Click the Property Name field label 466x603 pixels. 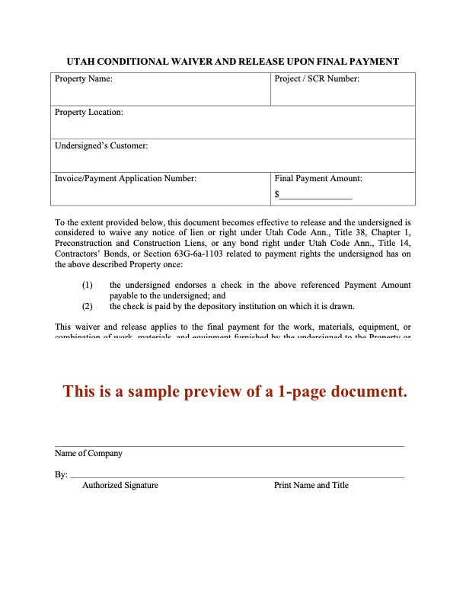click(83, 78)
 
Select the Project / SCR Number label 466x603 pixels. click(316, 78)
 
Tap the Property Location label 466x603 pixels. click(88, 112)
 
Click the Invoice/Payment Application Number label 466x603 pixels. click(126, 178)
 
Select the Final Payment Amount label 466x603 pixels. click(318, 178)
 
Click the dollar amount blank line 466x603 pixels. click(316, 196)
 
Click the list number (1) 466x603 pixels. click(88, 285)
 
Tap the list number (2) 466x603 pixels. click(88, 306)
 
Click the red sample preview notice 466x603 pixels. click(235, 391)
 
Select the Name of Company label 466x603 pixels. click(88, 453)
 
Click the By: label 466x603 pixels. click(61, 474)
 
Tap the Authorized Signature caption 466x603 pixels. click(120, 485)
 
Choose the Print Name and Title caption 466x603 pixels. click(311, 485)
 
